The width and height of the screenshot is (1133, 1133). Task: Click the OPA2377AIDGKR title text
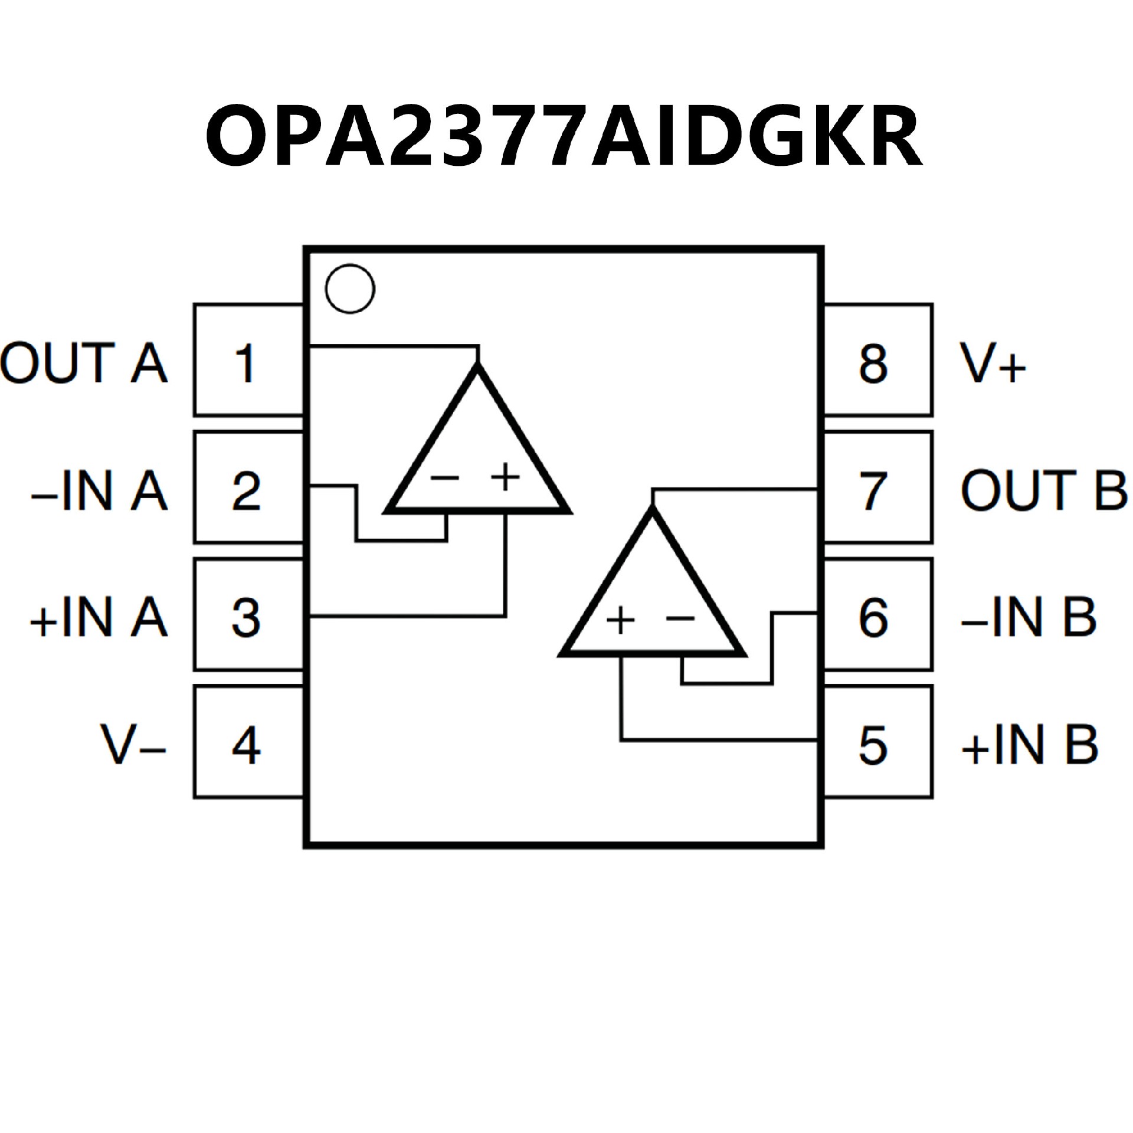564,137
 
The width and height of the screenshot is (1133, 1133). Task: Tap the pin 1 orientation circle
350,289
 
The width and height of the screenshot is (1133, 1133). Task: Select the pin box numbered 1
248,360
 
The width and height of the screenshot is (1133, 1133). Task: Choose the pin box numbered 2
248,487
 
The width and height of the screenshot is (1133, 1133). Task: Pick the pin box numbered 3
248,615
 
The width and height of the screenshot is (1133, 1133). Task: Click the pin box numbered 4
248,742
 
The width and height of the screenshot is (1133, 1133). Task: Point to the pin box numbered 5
878,742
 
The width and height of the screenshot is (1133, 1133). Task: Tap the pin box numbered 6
878,615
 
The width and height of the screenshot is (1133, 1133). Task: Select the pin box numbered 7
878,487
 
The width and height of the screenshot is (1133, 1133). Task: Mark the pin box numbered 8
878,360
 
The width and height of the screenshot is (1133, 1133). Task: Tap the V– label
133,745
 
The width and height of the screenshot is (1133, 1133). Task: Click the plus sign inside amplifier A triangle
506,477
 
